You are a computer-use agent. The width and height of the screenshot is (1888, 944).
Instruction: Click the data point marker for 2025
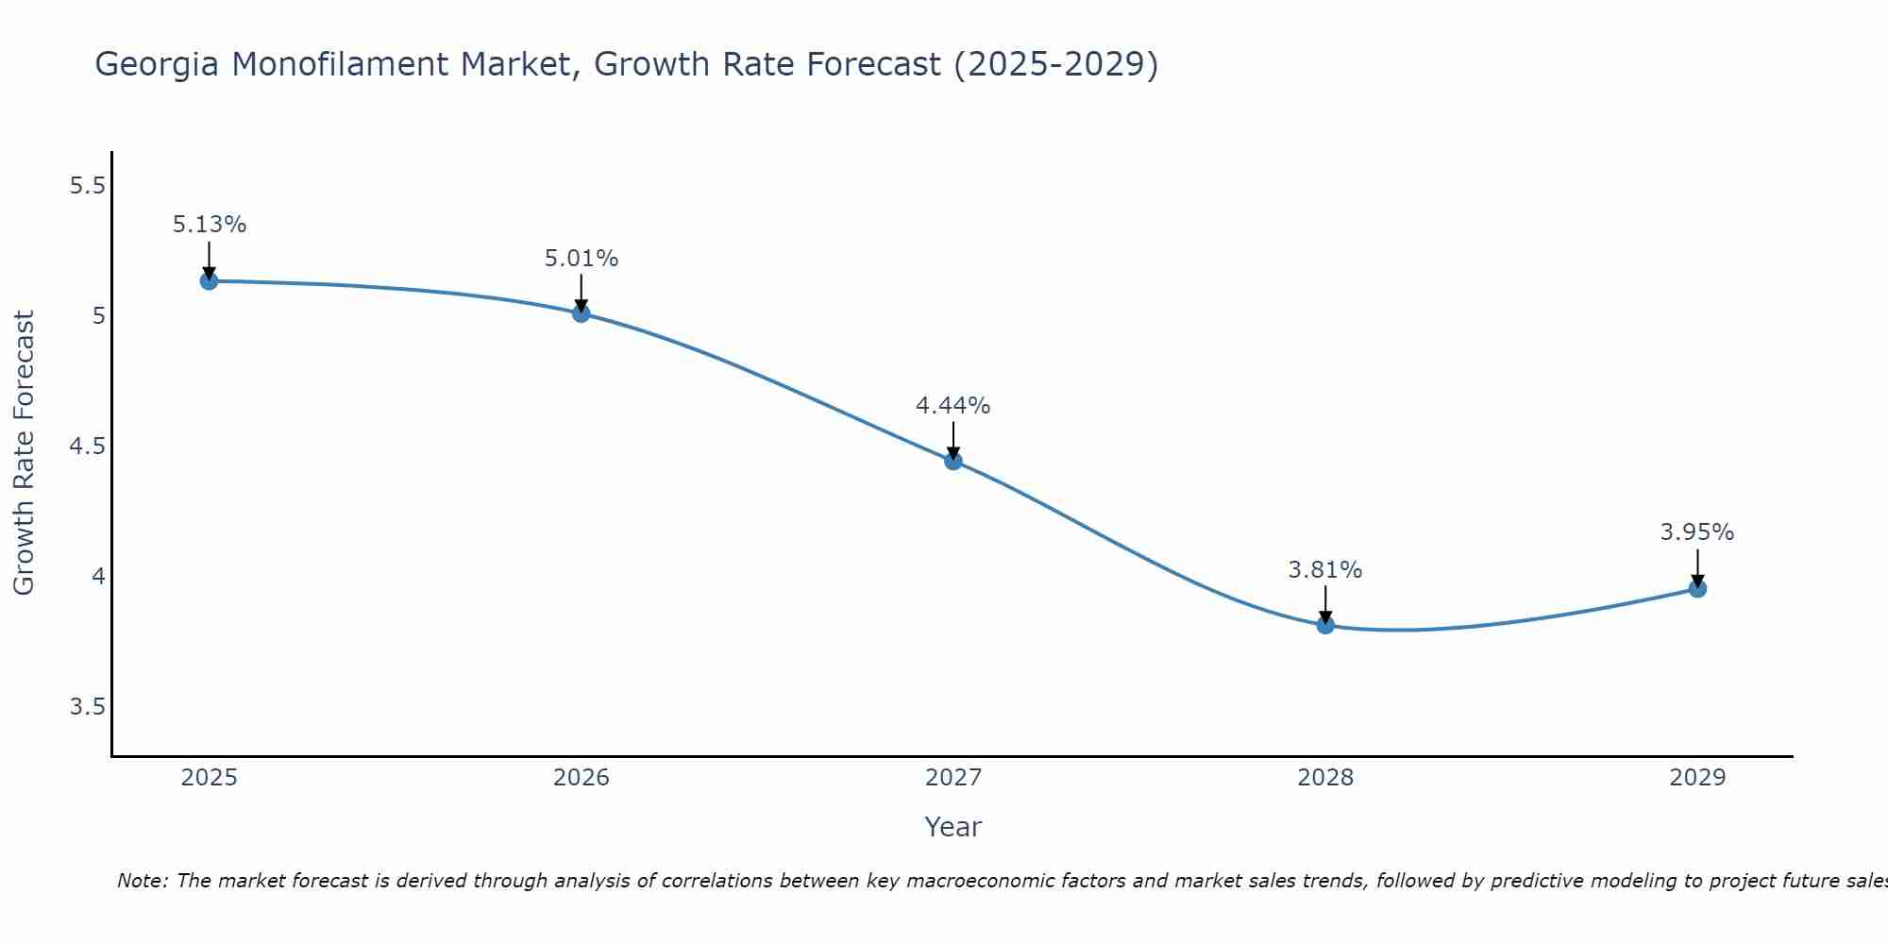tap(209, 280)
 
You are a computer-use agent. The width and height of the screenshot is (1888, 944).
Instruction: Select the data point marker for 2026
tap(581, 312)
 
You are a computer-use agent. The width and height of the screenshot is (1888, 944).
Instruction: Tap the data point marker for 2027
tap(952, 461)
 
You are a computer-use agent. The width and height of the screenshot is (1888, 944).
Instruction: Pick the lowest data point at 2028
tap(1324, 624)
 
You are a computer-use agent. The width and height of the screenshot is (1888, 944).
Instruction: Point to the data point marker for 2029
tap(1696, 588)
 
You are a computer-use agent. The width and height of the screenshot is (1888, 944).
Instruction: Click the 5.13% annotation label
tap(209, 225)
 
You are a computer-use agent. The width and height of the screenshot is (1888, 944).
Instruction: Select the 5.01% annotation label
tap(581, 258)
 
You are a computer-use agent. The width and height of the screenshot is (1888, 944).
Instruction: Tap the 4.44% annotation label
tap(952, 405)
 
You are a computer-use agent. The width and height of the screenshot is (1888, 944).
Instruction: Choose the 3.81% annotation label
tap(1324, 569)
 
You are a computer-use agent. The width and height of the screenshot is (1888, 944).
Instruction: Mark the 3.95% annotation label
tap(1696, 532)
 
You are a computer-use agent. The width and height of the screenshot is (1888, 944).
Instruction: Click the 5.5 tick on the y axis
tap(87, 185)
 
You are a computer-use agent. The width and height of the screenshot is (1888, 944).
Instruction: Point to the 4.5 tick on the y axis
tap(87, 446)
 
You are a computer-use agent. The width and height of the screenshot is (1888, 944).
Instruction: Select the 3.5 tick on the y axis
tap(87, 707)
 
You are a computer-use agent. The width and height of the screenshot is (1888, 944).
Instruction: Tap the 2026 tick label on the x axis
tap(581, 778)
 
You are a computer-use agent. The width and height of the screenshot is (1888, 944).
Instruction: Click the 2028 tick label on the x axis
tap(1324, 778)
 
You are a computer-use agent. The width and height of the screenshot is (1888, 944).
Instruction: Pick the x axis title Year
tap(952, 827)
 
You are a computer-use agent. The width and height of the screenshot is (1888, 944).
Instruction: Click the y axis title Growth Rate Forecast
tap(24, 452)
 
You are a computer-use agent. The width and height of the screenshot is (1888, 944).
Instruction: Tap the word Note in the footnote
tap(142, 881)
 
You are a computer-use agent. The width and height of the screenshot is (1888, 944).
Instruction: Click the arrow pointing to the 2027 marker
tap(952, 440)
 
